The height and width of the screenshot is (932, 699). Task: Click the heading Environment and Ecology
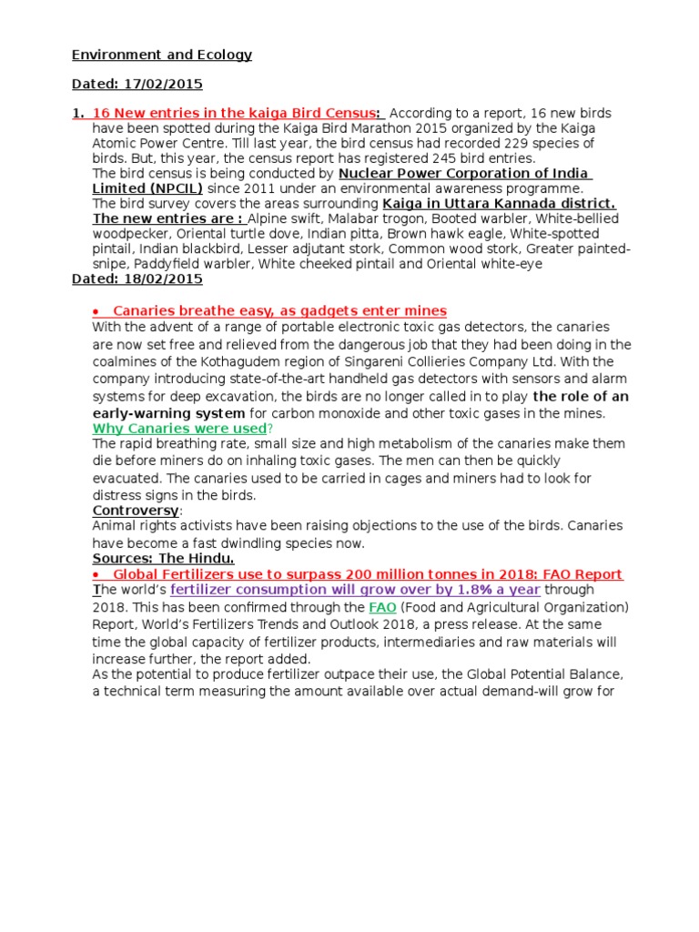click(162, 56)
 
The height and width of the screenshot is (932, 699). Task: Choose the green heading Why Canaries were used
click(179, 428)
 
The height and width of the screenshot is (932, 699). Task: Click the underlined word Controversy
click(135, 511)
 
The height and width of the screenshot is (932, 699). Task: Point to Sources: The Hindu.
click(163, 558)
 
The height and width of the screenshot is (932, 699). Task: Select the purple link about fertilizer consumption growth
click(355, 590)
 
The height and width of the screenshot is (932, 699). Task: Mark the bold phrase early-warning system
click(168, 412)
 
